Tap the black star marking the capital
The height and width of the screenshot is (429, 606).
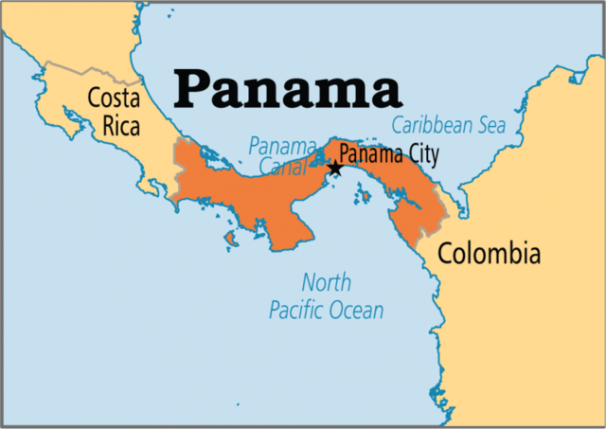[334, 169]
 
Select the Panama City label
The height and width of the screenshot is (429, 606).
[388, 153]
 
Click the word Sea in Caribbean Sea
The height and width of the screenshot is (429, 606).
[490, 125]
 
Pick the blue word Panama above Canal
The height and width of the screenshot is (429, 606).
[282, 146]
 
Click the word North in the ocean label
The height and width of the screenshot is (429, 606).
[326, 282]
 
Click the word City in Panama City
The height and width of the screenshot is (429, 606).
[420, 153]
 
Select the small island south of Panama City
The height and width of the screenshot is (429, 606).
[361, 198]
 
